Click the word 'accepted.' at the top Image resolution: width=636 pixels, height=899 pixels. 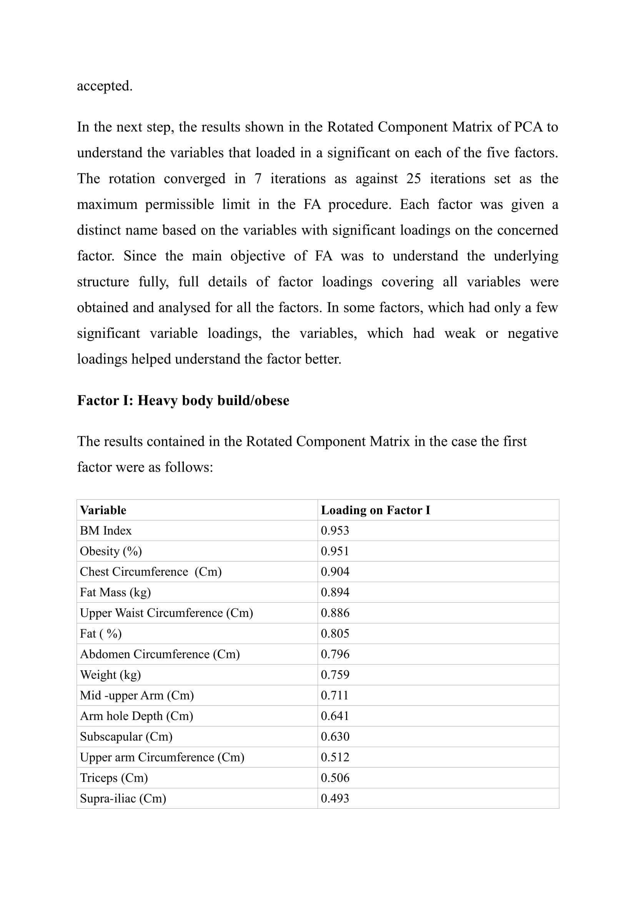105,86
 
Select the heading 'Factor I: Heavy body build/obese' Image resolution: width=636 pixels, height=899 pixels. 183,400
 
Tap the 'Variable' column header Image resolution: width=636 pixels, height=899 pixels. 103,510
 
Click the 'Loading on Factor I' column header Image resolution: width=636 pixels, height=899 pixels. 375,510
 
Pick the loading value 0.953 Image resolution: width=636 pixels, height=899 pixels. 335,530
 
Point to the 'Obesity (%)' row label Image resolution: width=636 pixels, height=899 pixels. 111,551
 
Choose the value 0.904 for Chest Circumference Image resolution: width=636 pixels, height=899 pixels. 335,572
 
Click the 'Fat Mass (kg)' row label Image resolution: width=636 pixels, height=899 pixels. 115,592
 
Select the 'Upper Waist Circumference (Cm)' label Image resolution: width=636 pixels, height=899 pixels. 166,613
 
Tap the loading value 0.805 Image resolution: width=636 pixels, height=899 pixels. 335,633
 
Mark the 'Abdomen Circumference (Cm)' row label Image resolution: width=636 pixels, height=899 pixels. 160,654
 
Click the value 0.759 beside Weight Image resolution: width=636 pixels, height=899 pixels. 335,674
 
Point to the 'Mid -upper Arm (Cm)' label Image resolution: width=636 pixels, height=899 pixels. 137,695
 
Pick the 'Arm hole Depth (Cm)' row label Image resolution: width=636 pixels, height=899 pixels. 136,716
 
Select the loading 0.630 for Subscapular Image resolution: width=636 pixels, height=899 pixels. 335,736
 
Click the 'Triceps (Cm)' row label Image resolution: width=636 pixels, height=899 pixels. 113,777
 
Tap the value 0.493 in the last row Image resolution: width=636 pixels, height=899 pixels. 335,798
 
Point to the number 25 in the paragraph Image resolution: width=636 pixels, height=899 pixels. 414,179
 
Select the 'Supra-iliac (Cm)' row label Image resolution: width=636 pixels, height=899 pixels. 123,798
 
